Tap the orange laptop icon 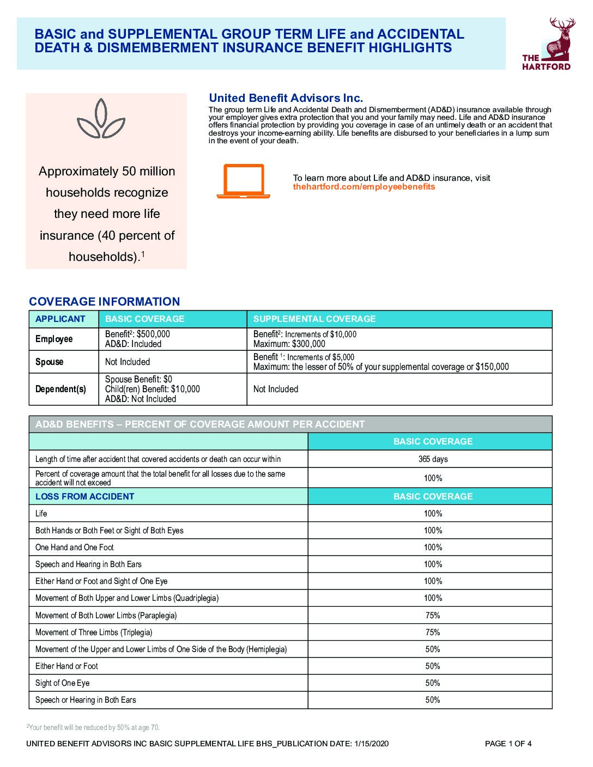(x=243, y=181)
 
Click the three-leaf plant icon (x=101, y=119)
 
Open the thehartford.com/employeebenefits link (x=364, y=187)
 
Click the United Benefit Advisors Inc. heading (x=286, y=98)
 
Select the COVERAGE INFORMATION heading (x=104, y=302)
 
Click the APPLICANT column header (x=60, y=319)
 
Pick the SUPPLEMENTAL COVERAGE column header (x=314, y=319)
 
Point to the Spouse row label (x=49, y=362)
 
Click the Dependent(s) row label (x=60, y=389)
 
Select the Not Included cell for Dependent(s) (x=276, y=389)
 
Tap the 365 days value (x=433, y=459)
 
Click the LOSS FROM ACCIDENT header (x=84, y=496)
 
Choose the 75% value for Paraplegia (x=433, y=616)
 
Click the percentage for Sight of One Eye (x=433, y=683)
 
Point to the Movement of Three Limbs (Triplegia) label (x=94, y=632)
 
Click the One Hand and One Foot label (x=75, y=547)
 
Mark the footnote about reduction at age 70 (x=93, y=728)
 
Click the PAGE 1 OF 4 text (x=508, y=744)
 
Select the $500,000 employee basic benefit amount (x=153, y=334)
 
